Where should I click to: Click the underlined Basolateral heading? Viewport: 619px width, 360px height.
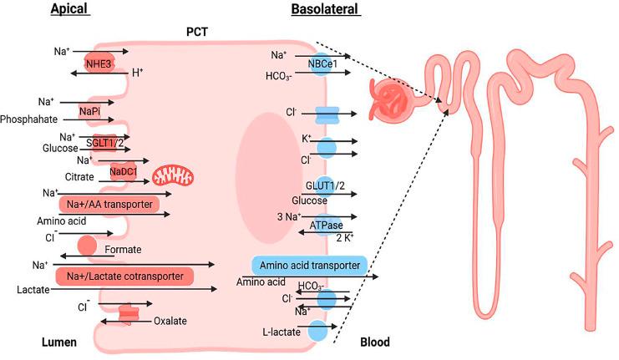coord(325,10)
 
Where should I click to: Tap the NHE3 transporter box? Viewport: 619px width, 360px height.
coord(98,63)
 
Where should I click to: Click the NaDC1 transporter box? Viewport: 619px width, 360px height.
coord(126,173)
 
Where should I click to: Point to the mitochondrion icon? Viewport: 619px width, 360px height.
coord(176,175)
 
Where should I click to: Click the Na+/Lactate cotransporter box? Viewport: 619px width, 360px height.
coord(124,275)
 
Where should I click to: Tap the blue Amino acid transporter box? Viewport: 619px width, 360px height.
coord(310,266)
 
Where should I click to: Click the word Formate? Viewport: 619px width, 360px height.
coord(123,249)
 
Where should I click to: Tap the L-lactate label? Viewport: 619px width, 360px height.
coord(281,332)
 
